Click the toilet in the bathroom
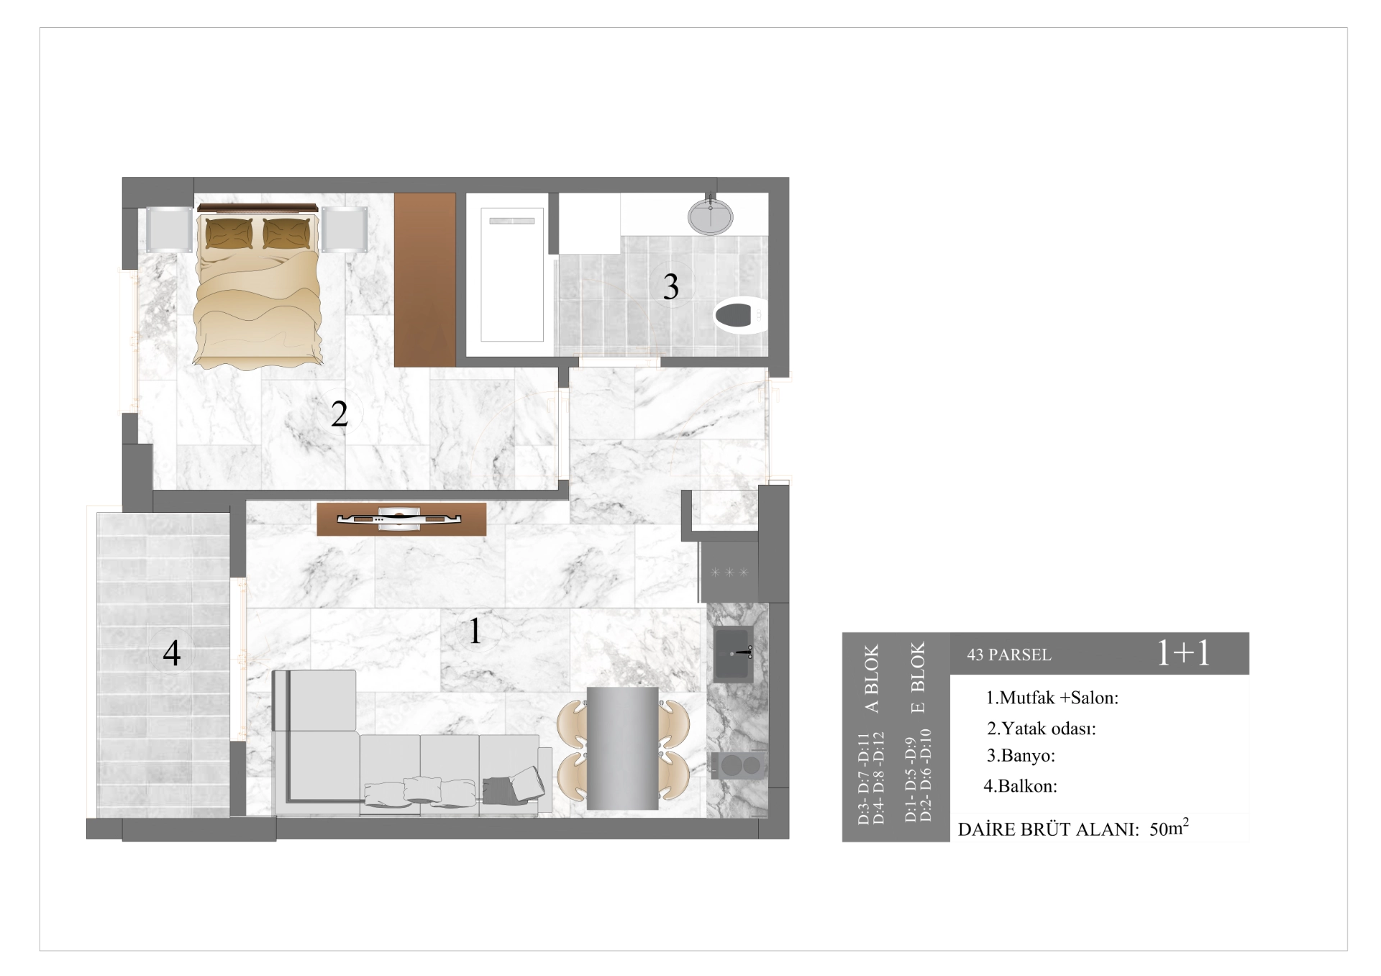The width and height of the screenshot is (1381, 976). pos(740,315)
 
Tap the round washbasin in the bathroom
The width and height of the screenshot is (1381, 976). pos(711,216)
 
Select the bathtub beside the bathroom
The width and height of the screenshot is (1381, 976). pos(511,275)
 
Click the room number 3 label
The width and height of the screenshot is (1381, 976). pos(670,286)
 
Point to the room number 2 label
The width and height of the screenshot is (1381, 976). pos(339,414)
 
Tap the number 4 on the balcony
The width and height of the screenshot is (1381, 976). pos(171,653)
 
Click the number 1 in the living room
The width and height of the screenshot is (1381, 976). pos(475,631)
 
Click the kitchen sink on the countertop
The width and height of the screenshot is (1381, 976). pos(734,653)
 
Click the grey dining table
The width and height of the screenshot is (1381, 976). pos(622,748)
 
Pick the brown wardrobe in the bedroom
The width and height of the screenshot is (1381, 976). pos(424,280)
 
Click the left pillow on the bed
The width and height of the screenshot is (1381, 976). pos(229,233)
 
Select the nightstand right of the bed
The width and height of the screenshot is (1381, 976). pos(345,229)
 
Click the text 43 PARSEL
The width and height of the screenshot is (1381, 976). pos(1009,655)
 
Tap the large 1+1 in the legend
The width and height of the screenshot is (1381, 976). pos(1183,653)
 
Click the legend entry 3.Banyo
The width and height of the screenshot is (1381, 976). pos(1021,756)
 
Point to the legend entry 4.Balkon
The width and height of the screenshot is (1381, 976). pos(1020,786)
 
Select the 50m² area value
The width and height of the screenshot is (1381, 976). pos(1169,828)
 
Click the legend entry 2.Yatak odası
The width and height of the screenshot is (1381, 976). pos(1042,729)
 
